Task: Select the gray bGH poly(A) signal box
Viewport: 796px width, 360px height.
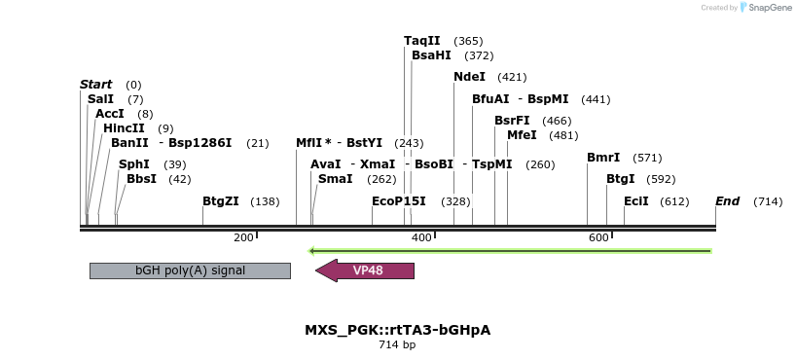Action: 190,270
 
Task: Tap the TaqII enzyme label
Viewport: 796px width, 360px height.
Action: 422,41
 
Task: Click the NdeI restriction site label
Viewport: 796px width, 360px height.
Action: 469,77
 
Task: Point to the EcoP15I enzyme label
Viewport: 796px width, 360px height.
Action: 399,201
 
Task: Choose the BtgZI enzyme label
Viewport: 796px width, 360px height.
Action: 220,201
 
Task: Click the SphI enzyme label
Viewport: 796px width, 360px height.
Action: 134,164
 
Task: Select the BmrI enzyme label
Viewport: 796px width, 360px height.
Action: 603,158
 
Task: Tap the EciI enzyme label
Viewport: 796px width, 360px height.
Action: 636,201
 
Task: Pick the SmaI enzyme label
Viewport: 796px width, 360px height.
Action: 336,179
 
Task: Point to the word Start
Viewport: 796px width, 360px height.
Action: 95,85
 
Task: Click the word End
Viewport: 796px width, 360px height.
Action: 727,201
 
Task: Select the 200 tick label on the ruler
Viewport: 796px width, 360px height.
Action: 243,237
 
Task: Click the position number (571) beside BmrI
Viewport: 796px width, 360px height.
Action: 647,158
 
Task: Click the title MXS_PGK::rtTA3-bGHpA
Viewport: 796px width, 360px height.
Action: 397,330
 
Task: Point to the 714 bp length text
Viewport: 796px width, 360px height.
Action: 397,345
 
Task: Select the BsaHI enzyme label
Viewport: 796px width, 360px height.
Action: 431,55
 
